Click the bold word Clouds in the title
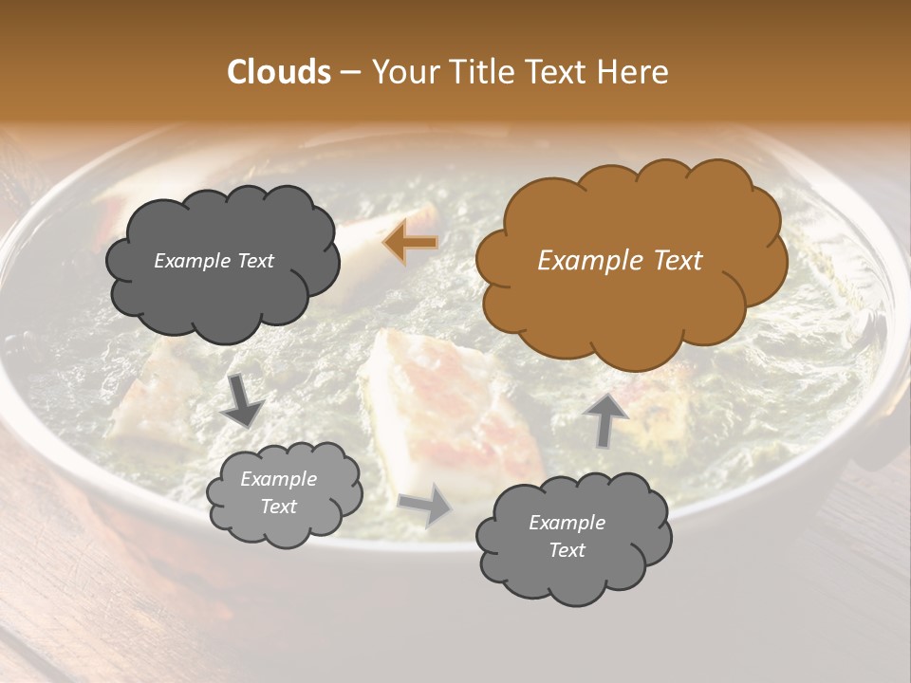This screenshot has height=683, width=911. [x=278, y=72]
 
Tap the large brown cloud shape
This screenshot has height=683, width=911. [x=630, y=261]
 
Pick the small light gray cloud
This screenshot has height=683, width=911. [x=284, y=492]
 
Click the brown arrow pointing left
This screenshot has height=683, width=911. [x=411, y=244]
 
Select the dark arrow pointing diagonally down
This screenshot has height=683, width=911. [x=244, y=399]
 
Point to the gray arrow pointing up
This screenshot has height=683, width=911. [x=604, y=419]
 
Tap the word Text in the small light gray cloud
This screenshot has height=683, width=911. [x=279, y=507]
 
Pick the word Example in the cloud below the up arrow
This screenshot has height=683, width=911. [x=567, y=523]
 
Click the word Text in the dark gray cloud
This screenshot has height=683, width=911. [x=255, y=261]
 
